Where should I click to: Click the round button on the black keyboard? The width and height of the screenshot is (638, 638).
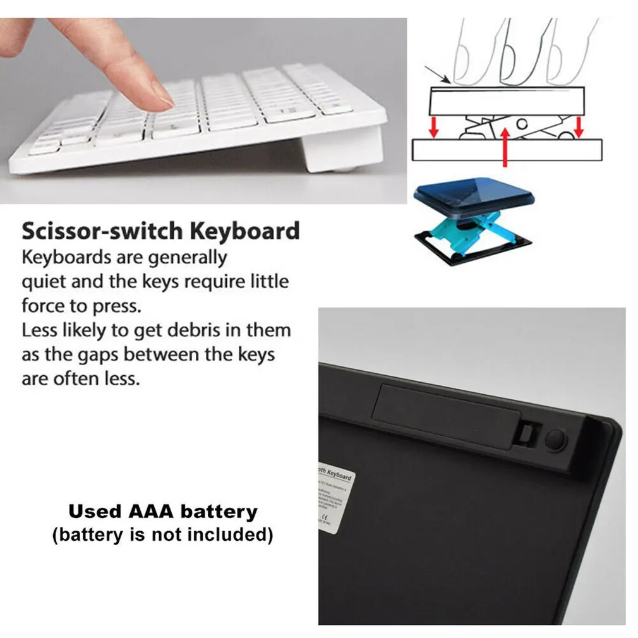click(555, 440)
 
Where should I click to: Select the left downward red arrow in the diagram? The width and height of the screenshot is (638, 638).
click(433, 127)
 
